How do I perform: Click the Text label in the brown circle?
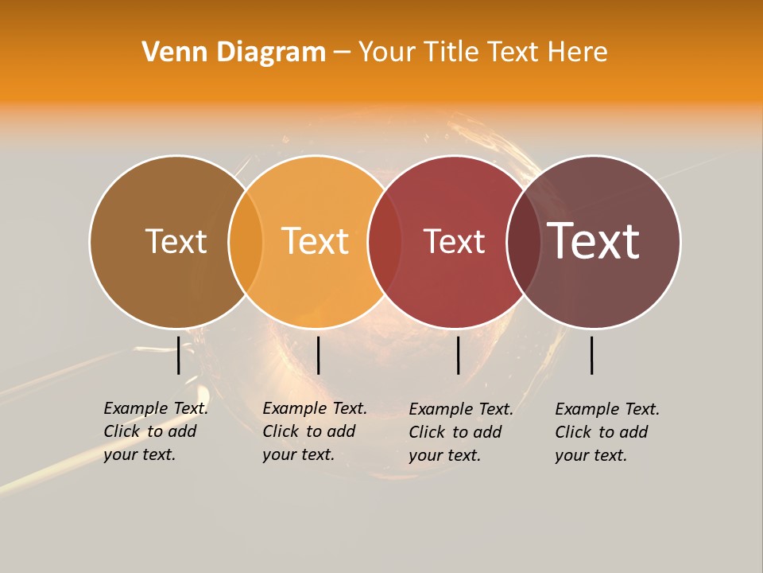click(176, 241)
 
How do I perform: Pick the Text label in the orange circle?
click(315, 241)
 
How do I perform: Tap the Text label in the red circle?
click(454, 241)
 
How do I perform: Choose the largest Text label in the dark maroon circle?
click(593, 241)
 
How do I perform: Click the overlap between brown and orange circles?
click(246, 242)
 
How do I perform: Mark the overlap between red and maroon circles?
click(523, 242)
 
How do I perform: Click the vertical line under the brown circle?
click(179, 355)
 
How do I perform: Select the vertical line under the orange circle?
click(318, 355)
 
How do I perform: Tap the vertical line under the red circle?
click(458, 355)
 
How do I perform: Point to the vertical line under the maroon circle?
click(592, 355)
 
